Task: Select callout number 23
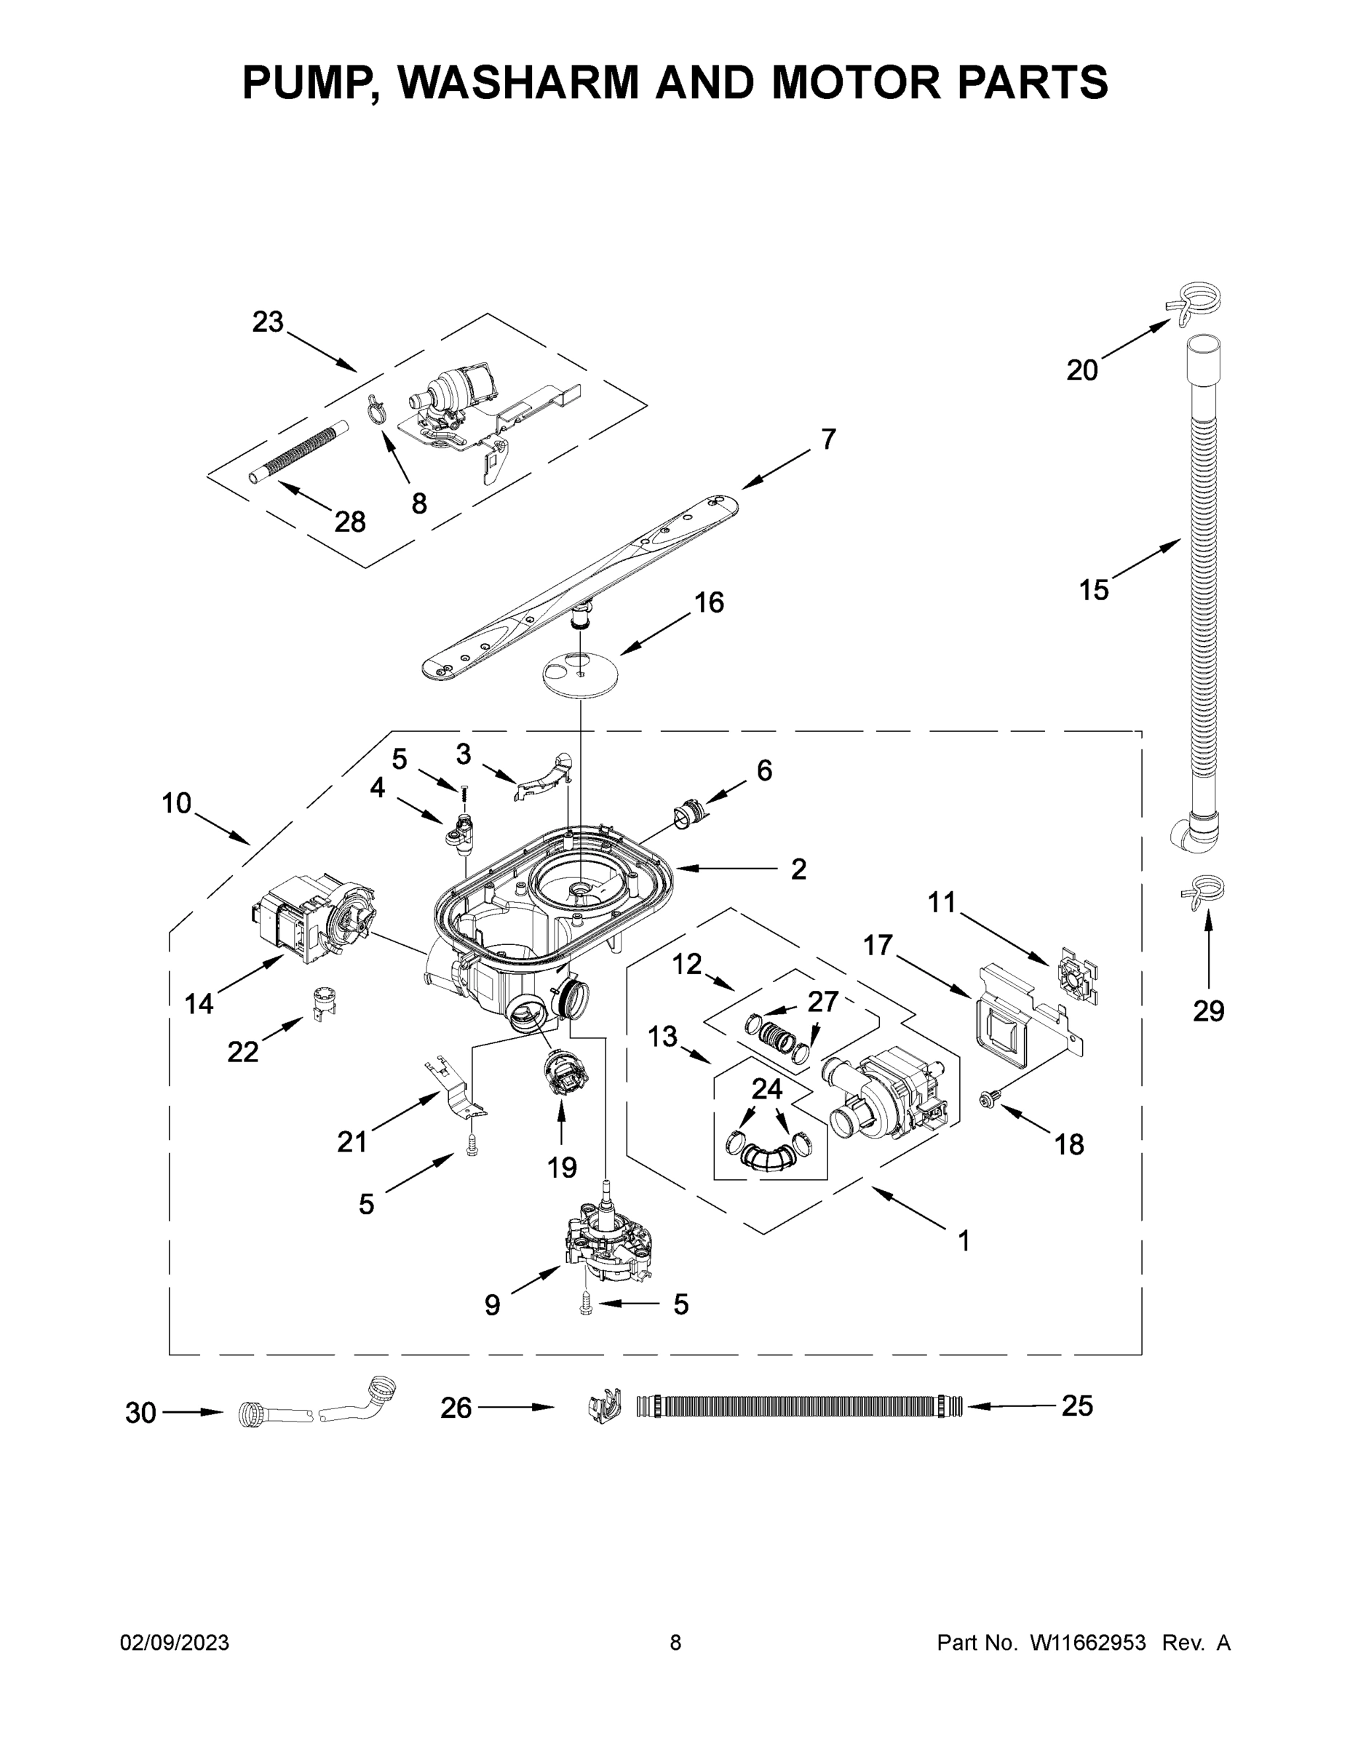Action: coord(268,322)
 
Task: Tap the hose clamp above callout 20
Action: coord(1195,303)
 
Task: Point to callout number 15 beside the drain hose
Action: coord(1094,591)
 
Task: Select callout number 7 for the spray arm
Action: coord(828,439)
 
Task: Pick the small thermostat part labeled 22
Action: coord(322,1000)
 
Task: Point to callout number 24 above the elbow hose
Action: coord(767,1089)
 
